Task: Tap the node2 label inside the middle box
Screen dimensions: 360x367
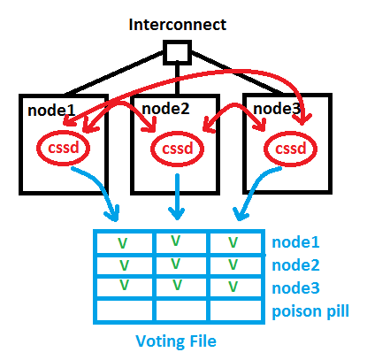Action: click(x=166, y=110)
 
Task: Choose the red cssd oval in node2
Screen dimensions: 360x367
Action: click(x=178, y=149)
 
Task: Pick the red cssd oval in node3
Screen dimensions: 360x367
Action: click(x=292, y=149)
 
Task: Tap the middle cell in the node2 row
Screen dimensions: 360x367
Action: click(x=180, y=264)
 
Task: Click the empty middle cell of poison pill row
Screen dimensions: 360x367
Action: click(x=180, y=310)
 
